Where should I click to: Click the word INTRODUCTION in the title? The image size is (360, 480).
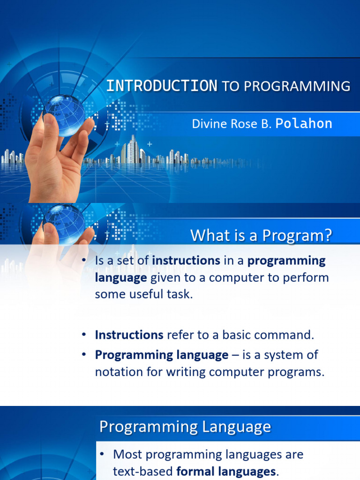pos(162,86)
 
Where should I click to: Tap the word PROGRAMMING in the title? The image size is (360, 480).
pos(297,86)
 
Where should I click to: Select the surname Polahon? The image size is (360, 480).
pos(304,123)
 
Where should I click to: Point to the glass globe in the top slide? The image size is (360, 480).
pos(65,115)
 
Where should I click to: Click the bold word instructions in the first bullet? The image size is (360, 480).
pos(186,261)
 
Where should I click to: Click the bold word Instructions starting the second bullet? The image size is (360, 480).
pos(129,335)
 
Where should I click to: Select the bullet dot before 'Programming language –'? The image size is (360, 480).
pos(84,355)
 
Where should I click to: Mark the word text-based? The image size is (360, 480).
pos(143,472)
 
